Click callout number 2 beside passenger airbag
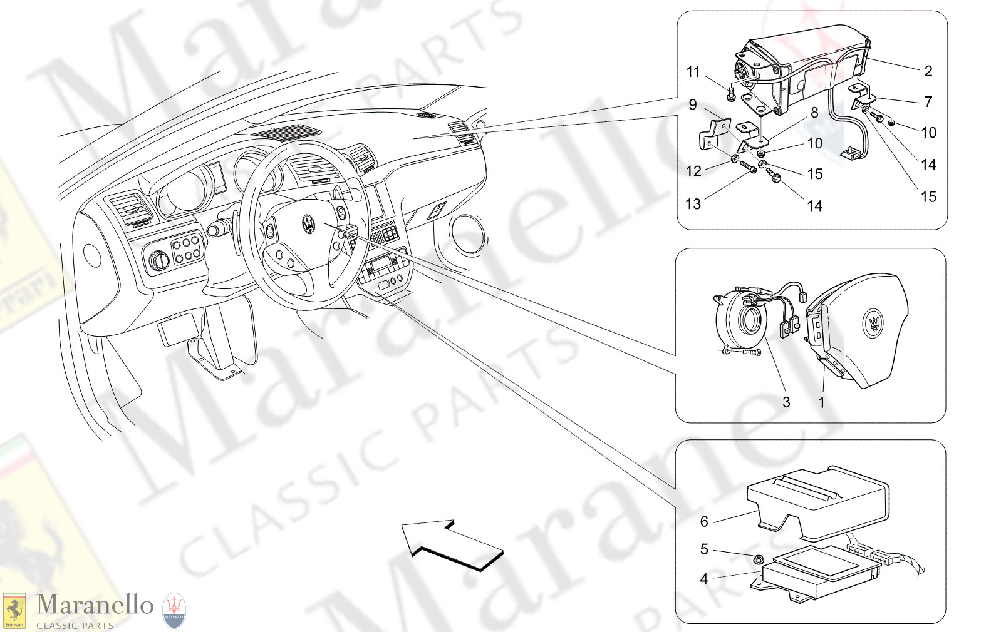click(928, 71)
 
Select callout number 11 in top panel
click(693, 72)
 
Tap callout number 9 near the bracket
click(693, 104)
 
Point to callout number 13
click(693, 204)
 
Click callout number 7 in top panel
click(928, 101)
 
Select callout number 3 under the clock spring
click(786, 402)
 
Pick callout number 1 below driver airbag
click(822, 402)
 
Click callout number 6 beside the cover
click(704, 521)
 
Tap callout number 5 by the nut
click(704, 549)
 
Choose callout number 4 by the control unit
click(704, 579)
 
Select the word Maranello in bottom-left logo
click(94, 604)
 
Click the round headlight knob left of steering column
click(160, 260)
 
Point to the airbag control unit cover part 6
click(821, 501)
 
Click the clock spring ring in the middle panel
click(742, 319)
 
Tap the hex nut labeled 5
click(759, 558)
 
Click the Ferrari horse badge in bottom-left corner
click(14, 611)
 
